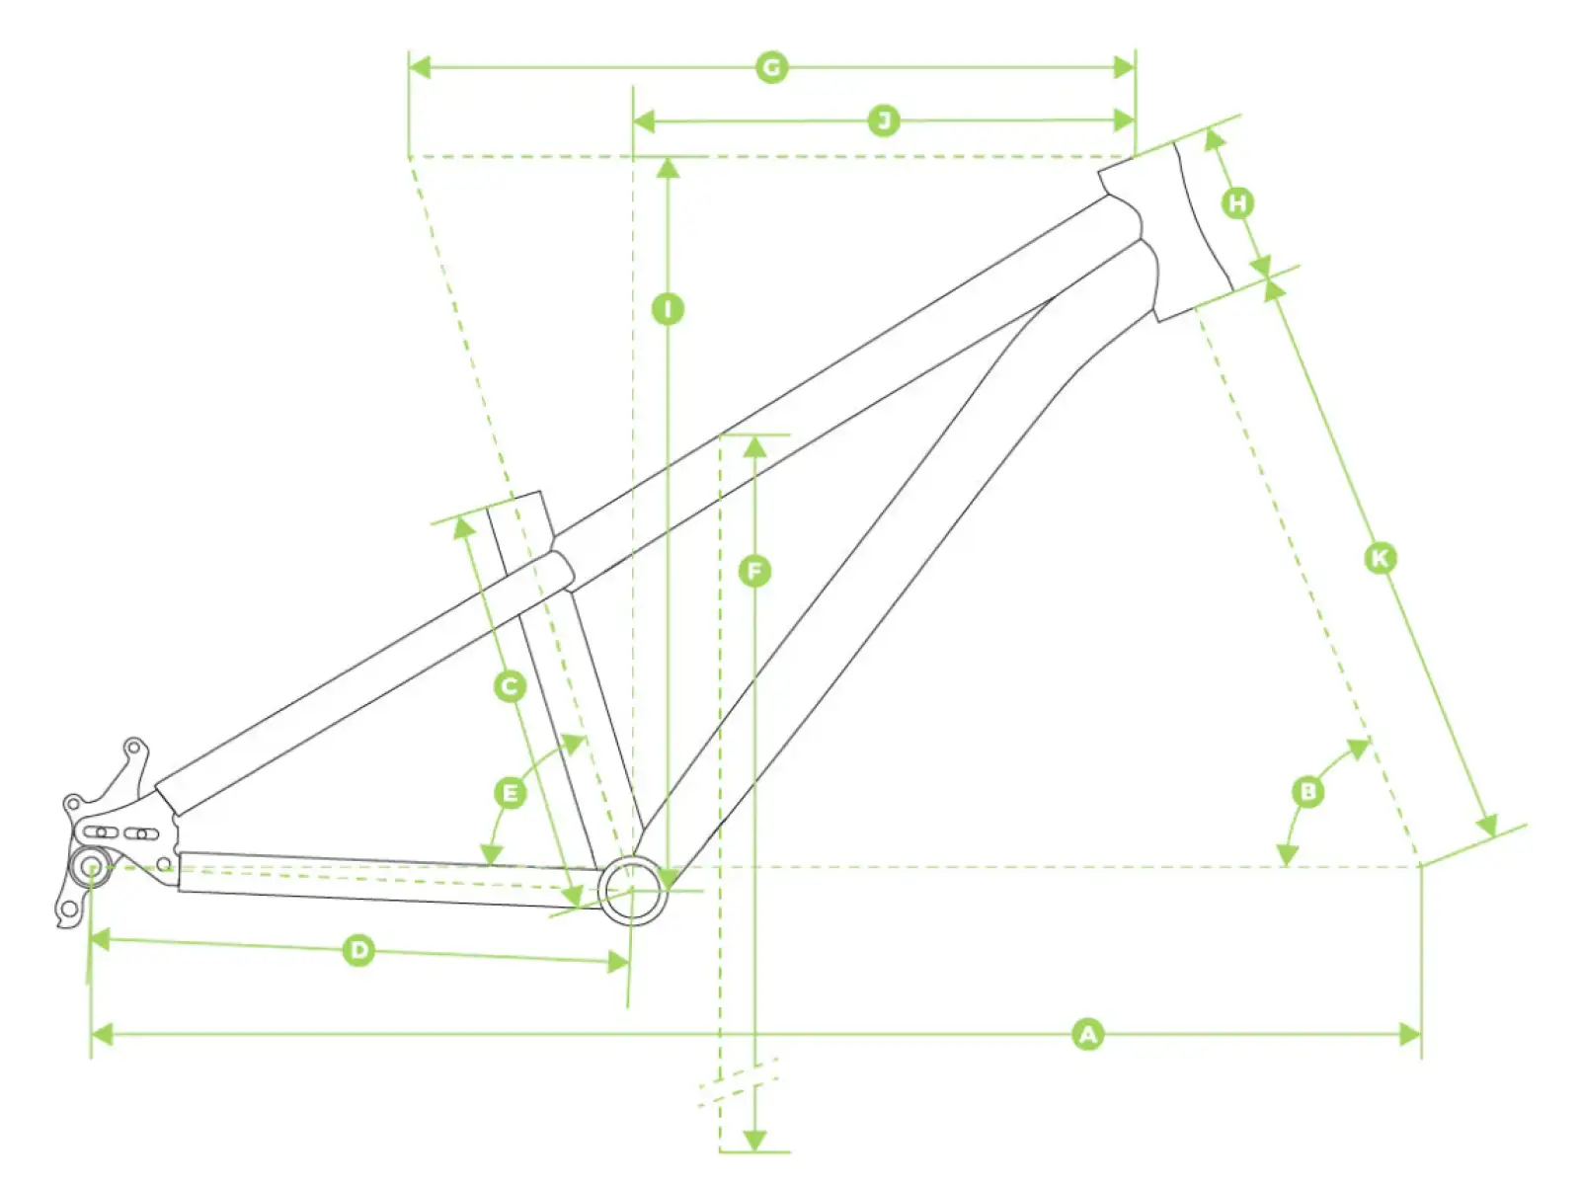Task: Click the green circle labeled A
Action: click(1087, 1035)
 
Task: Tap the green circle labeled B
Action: click(1307, 791)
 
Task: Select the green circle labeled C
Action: click(510, 686)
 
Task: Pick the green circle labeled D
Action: click(358, 950)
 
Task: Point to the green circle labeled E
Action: click(510, 794)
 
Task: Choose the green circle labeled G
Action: click(771, 67)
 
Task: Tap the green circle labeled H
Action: click(1237, 202)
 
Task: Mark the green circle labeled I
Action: click(668, 310)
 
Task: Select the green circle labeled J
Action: click(884, 120)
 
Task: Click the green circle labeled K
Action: click(1381, 558)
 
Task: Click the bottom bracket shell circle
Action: click(633, 890)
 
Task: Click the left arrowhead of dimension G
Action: click(419, 67)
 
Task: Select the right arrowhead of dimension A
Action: click(1410, 1035)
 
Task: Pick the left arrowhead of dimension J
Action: click(644, 120)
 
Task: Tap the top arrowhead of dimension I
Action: click(668, 168)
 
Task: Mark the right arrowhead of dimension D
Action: click(618, 962)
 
